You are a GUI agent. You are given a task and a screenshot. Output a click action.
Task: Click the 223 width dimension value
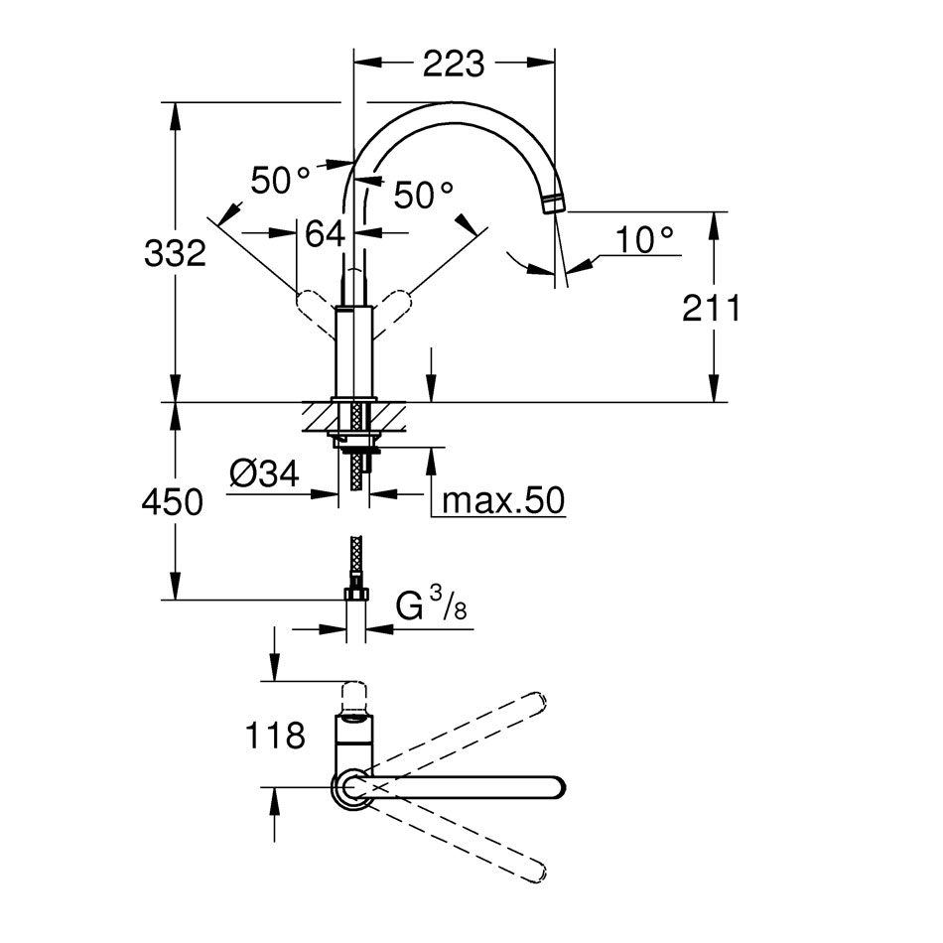tap(454, 64)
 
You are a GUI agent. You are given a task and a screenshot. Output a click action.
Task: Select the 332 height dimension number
tap(175, 254)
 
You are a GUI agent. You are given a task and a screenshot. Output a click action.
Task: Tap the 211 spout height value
tap(711, 309)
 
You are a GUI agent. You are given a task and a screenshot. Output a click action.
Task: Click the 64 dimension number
tap(325, 234)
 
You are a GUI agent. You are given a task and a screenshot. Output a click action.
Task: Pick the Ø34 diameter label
tap(263, 475)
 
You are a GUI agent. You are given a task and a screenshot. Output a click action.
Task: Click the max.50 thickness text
tap(502, 501)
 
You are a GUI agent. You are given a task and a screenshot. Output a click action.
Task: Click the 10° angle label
tap(643, 239)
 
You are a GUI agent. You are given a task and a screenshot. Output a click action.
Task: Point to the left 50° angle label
tap(280, 180)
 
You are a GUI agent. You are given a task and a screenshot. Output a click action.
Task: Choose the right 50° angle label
tap(424, 196)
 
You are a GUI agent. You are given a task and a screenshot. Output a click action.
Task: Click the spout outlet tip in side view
tap(553, 205)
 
